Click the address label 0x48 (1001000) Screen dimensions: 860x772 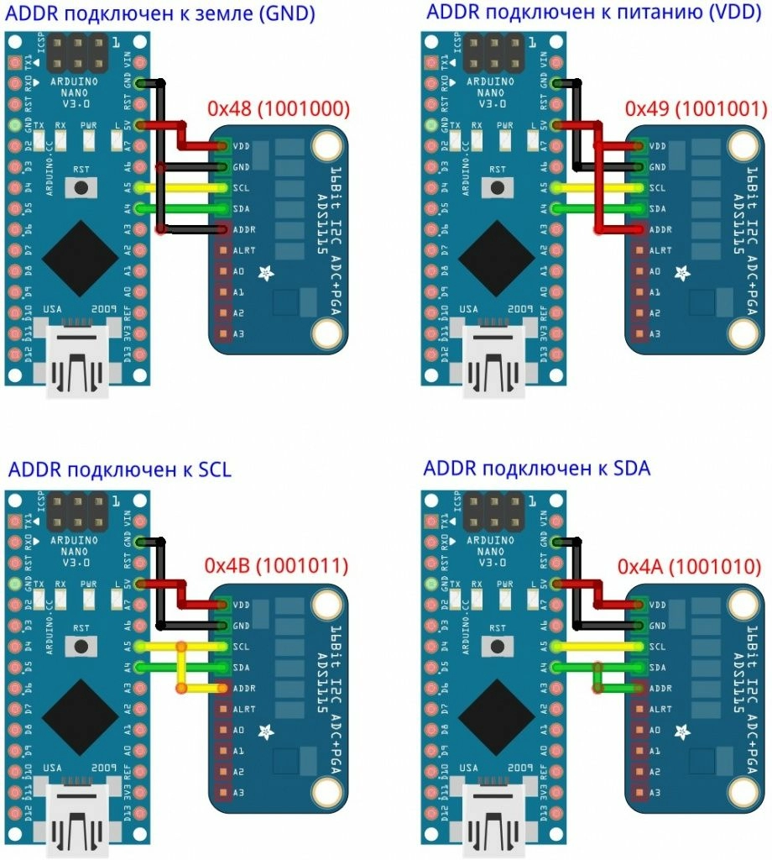click(279, 109)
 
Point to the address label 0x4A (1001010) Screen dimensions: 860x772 click(691, 568)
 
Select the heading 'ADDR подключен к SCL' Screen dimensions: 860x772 click(120, 469)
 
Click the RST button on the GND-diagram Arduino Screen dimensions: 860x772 click(81, 187)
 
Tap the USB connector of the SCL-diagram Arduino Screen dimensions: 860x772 click(79, 819)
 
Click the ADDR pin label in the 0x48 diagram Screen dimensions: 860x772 click(244, 229)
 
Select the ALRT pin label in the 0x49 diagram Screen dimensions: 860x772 click(660, 250)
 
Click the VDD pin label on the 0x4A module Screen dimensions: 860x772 click(657, 605)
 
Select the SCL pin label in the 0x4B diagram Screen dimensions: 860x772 click(241, 647)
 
